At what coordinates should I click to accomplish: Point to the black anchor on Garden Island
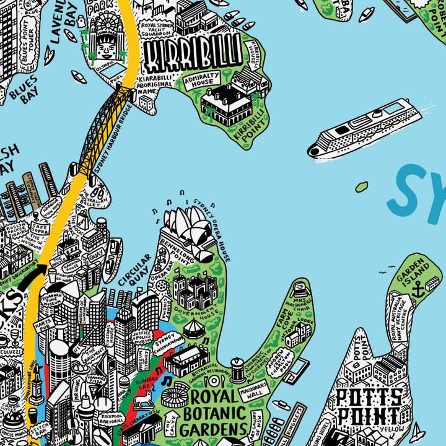tap(418, 288)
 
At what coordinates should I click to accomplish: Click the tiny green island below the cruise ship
tap(362, 185)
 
